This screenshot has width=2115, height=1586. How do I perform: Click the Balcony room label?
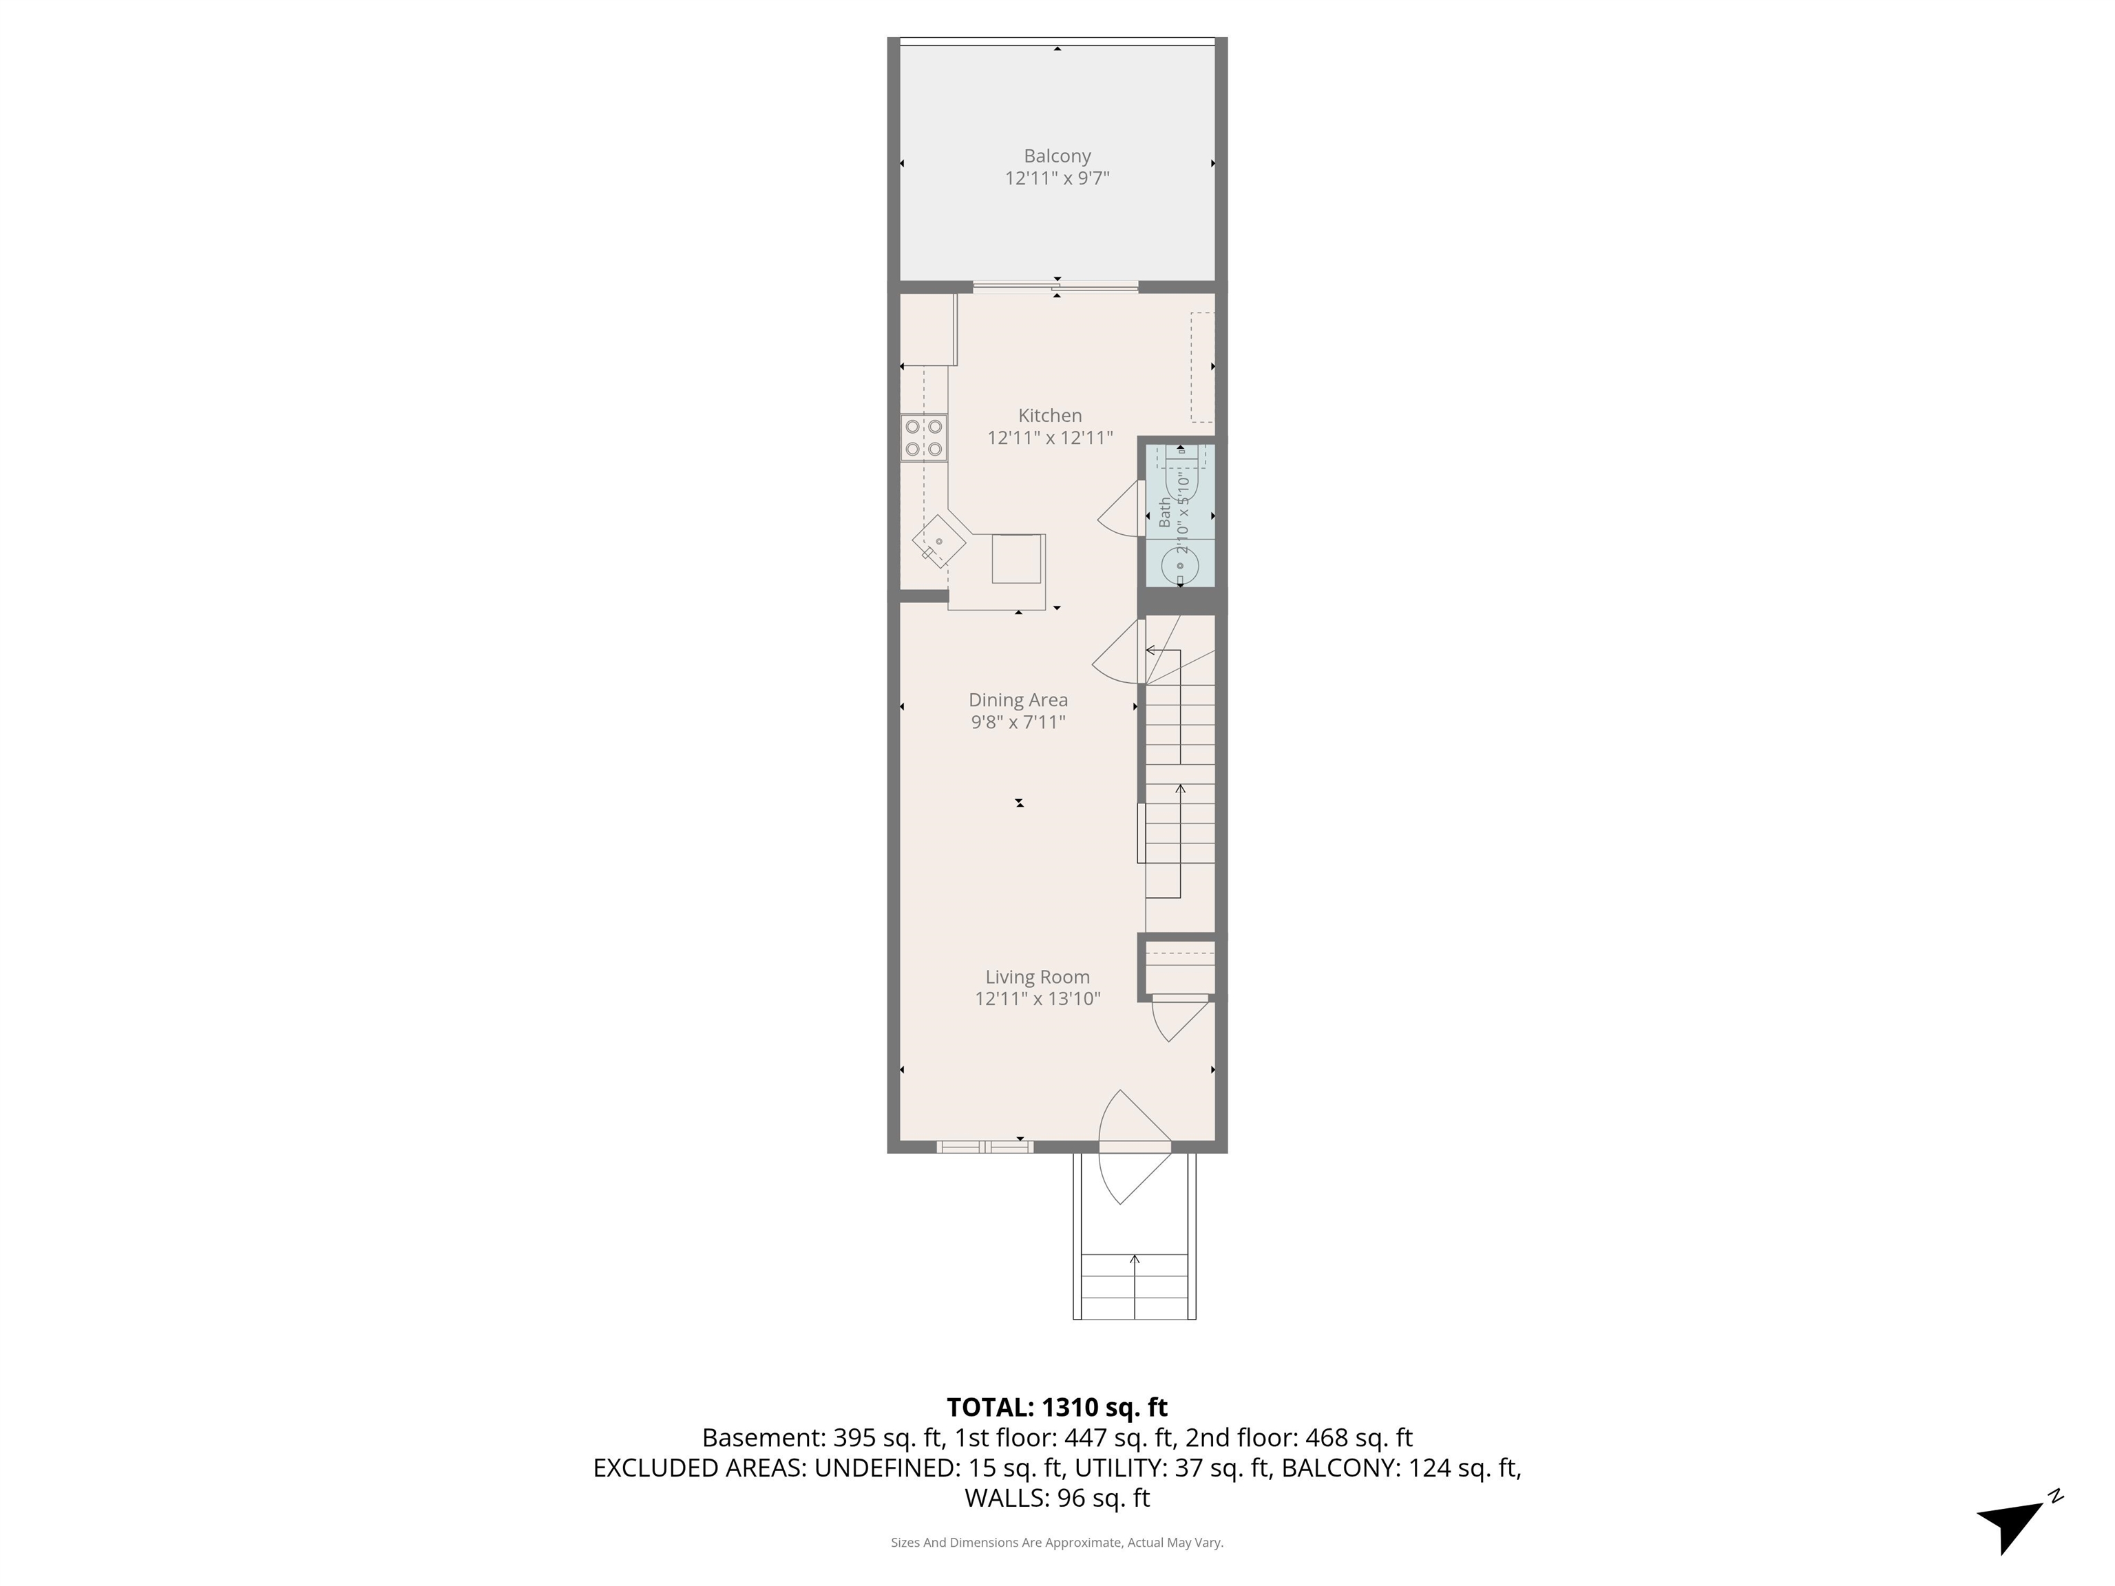1057,156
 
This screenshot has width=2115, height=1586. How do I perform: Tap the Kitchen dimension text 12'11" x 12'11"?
1050,438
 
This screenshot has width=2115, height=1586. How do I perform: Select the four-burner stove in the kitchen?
254,438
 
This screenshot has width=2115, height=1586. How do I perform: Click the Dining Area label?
1018,700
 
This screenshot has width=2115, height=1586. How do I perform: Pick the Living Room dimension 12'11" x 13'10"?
1038,999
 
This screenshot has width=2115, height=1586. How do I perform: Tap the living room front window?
985,1146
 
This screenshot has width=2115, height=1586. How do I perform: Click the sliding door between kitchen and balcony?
1055,286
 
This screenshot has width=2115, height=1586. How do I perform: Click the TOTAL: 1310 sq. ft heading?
1057,1407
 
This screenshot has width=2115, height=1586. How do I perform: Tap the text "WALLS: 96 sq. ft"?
1057,1498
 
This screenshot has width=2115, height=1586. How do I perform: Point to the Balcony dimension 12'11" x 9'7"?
1057,178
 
